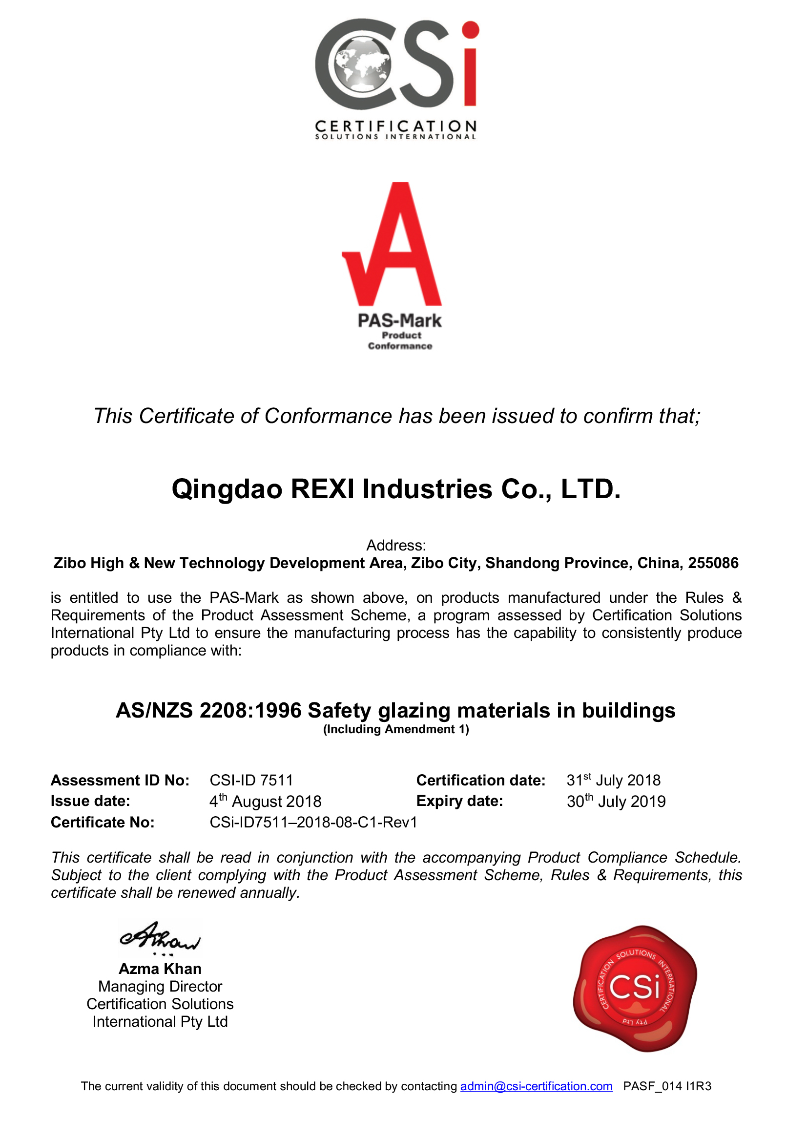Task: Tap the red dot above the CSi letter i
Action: pyautogui.click(x=470, y=29)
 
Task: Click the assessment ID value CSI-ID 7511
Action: pyautogui.click(x=251, y=780)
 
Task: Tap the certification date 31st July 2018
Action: pyautogui.click(x=613, y=780)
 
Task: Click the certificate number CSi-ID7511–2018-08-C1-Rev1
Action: pyautogui.click(x=313, y=822)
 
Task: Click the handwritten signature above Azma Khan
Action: pyautogui.click(x=160, y=937)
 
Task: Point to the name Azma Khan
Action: pyautogui.click(x=160, y=969)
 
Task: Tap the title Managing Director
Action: pyautogui.click(x=160, y=986)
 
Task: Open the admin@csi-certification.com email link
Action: pyautogui.click(x=536, y=1086)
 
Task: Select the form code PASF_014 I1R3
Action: pyautogui.click(x=667, y=1086)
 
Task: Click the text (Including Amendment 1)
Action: pyautogui.click(x=396, y=729)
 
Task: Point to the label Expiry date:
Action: pyautogui.click(x=459, y=801)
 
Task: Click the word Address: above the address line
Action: pyautogui.click(x=396, y=546)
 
